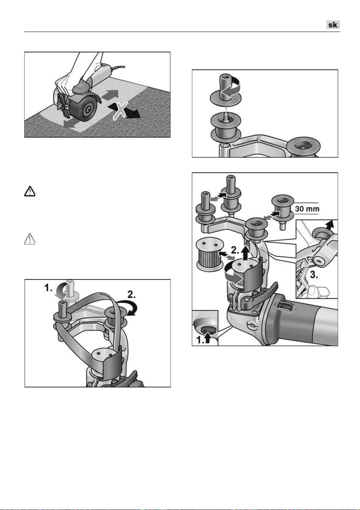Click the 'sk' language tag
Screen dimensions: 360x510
[333, 25]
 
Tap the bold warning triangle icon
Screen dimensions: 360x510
[30, 191]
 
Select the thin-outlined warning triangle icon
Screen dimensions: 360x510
[30, 239]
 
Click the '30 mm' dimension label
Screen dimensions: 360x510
[307, 208]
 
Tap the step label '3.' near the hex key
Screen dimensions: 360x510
[314, 275]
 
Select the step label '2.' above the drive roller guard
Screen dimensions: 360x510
[235, 251]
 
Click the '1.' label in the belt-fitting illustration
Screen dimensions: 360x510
[48, 288]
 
